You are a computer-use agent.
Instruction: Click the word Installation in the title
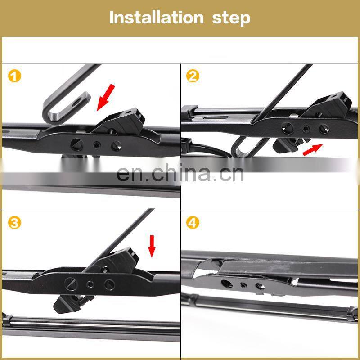[x=157, y=17]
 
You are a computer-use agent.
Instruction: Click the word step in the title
[x=231, y=18]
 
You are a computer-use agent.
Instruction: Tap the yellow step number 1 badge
[x=14, y=76]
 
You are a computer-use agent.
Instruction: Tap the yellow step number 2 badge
[x=193, y=76]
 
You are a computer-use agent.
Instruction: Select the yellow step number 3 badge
[x=14, y=222]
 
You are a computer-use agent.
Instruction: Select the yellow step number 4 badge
[x=193, y=222]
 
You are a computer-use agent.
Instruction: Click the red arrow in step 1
[x=106, y=97]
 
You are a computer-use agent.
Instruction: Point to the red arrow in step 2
[x=313, y=150]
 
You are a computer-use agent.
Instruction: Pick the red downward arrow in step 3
[x=152, y=246]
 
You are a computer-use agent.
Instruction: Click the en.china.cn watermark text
[x=180, y=173]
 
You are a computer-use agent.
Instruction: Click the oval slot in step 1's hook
[x=77, y=102]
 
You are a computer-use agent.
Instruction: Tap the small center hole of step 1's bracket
[x=97, y=145]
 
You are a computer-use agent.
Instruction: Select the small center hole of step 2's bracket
[x=306, y=128]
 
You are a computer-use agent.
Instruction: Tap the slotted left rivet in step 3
[x=71, y=284]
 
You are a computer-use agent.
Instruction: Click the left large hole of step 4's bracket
[x=227, y=284]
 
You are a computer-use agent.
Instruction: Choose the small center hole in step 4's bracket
[x=243, y=285]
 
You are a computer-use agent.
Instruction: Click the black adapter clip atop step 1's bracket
[x=119, y=121]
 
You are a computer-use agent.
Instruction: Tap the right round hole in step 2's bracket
[x=324, y=129]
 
